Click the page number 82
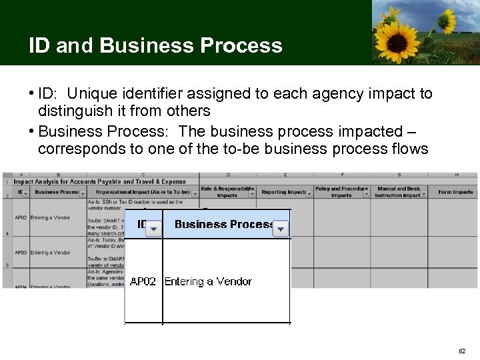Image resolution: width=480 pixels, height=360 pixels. click(463, 351)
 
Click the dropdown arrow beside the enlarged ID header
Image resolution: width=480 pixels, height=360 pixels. click(153, 229)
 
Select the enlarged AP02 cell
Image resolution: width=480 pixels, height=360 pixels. click(143, 281)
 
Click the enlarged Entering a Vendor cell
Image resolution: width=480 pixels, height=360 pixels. click(208, 281)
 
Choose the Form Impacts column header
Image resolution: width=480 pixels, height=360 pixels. click(455, 192)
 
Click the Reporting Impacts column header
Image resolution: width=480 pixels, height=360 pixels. click(283, 192)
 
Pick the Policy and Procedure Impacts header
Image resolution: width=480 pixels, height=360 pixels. click(341, 192)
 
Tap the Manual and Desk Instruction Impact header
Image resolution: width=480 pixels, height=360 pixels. click(398, 192)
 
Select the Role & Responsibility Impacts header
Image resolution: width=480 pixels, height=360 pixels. click(227, 192)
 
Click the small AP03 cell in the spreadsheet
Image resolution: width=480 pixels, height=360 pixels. click(21, 253)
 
